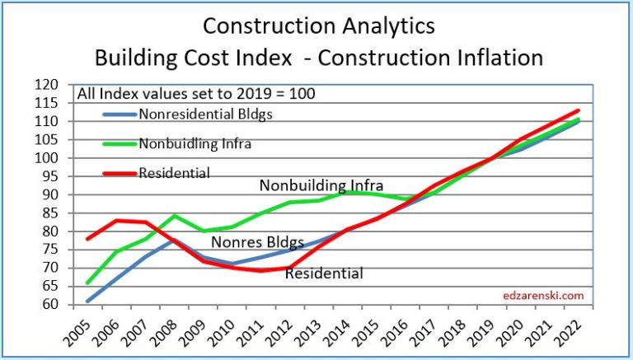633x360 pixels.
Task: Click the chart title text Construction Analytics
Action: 318,26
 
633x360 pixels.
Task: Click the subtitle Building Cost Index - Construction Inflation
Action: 318,58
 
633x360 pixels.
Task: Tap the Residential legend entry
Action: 174,173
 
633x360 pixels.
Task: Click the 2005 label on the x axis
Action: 81,332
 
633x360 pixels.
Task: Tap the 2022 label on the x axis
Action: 570,332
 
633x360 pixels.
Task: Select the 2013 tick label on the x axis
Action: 311,332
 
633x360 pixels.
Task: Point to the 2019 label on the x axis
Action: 484,332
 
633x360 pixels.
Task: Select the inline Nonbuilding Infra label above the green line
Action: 321,186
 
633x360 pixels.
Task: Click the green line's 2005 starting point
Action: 88,283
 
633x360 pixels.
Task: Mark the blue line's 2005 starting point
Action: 88,301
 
